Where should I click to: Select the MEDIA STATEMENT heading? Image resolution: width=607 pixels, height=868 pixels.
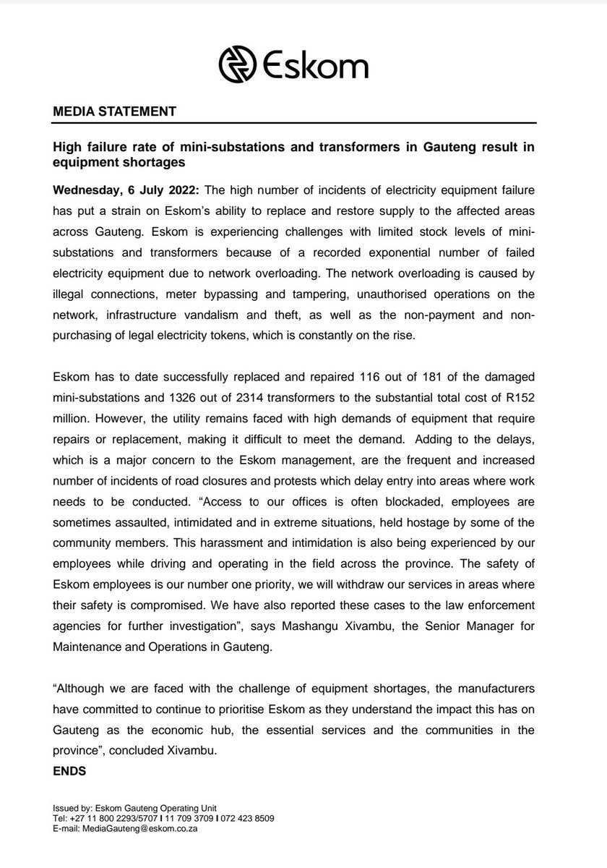pyautogui.click(x=115, y=112)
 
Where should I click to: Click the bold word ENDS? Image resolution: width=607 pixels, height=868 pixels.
pyautogui.click(x=69, y=772)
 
